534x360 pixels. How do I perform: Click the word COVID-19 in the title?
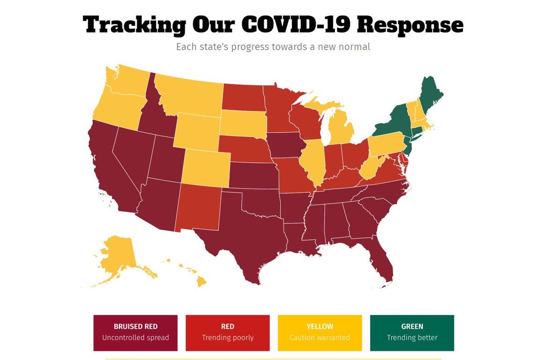tap(296, 24)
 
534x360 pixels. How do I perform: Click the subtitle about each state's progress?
tap(273, 47)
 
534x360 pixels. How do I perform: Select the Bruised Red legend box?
tap(135, 332)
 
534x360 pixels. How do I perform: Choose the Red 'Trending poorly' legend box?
tap(228, 332)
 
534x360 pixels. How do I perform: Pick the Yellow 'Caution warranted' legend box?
tap(320, 332)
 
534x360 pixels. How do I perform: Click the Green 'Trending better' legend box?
tap(412, 332)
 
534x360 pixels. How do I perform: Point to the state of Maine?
tap(430, 94)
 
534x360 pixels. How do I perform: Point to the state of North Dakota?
tap(242, 96)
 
